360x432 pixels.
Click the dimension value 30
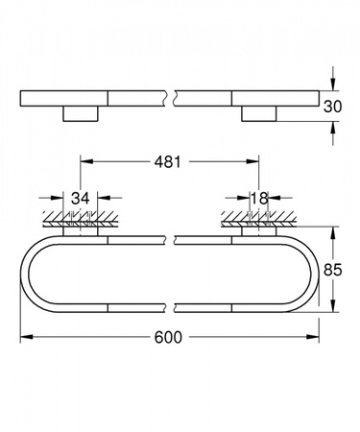332,107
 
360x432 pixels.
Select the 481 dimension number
168,162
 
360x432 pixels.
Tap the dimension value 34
80,199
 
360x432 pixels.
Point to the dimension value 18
259,199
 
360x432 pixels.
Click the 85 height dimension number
332,270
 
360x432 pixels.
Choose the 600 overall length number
168,337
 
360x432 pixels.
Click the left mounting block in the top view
81,113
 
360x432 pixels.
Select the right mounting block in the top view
258,113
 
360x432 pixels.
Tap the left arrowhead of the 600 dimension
27,337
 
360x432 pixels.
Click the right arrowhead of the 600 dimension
313,337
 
